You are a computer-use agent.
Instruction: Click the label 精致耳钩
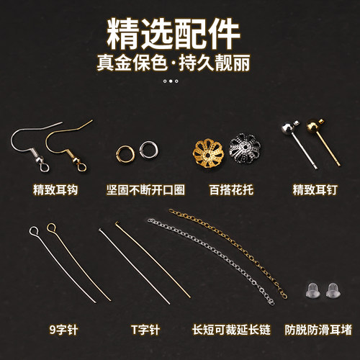(x=55, y=190)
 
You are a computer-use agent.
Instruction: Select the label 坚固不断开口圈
(x=150, y=190)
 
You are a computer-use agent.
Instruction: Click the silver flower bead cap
(x=243, y=148)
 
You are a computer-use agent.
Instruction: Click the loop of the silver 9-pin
(x=33, y=231)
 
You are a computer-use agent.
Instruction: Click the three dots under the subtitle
(x=170, y=81)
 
